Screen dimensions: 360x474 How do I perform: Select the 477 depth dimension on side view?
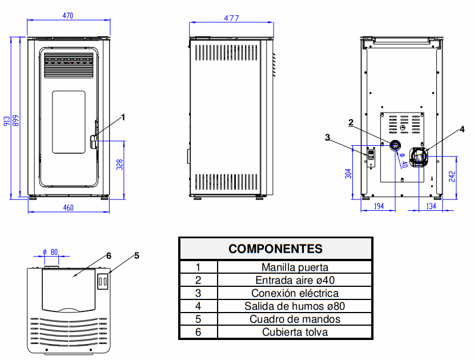[231, 18]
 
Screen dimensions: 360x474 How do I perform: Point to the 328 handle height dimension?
[119, 165]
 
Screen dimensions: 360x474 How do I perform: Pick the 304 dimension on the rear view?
[348, 173]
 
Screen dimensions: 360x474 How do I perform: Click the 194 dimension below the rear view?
[379, 206]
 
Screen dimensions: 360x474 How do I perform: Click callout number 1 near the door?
[123, 117]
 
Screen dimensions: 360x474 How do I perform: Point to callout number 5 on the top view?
[136, 255]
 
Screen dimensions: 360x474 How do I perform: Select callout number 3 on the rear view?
[327, 137]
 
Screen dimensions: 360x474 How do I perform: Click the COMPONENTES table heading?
[275, 249]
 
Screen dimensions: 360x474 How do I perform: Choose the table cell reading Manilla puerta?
[295, 267]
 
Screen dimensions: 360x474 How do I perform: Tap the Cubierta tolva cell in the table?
[295, 332]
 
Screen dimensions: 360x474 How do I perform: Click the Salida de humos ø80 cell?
[295, 306]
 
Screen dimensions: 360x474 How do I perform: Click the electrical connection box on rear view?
[371, 155]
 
